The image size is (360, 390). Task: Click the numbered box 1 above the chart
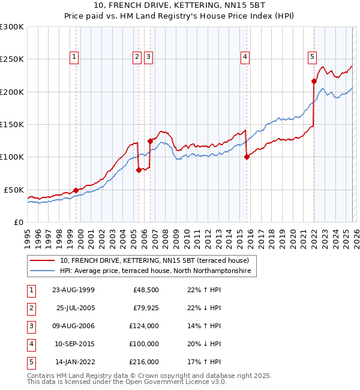coord(74,57)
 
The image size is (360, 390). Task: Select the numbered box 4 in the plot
coord(245,57)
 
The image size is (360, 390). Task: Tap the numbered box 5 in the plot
coord(313,57)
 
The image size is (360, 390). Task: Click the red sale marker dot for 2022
coord(314,81)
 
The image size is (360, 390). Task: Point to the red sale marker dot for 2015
coord(247,157)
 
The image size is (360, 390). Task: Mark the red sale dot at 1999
coord(76,190)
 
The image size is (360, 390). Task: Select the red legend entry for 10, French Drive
coord(158,260)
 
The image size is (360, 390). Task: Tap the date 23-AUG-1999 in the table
coord(73,290)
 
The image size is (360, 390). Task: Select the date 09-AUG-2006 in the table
coord(73,326)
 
